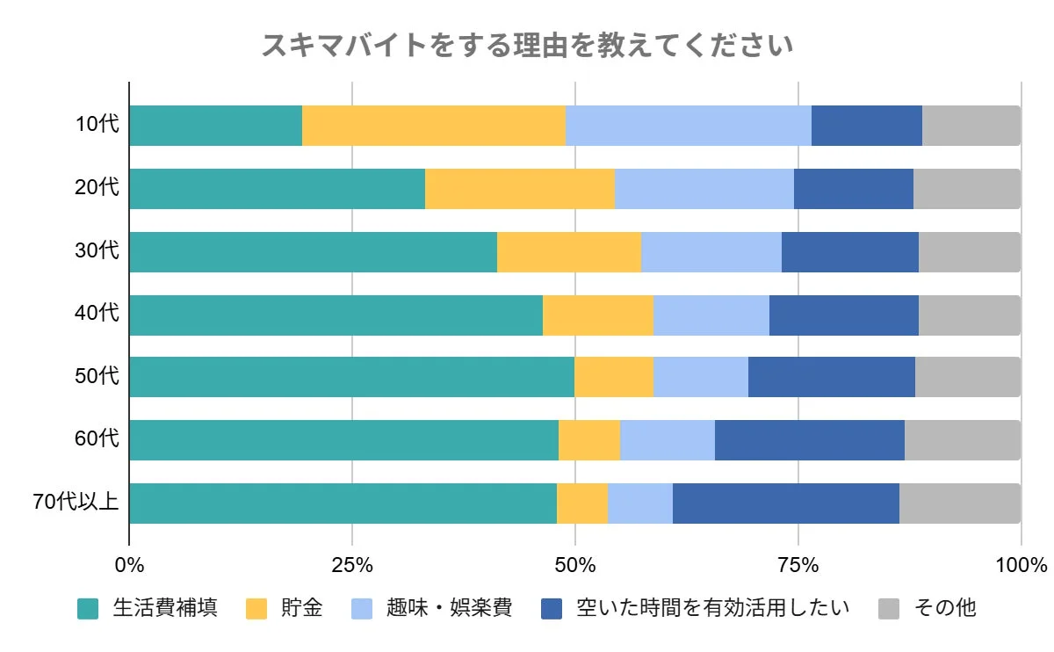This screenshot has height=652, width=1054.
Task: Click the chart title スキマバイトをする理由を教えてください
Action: pyautogui.click(x=527, y=45)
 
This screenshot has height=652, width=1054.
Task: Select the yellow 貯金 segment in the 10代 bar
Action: pyautogui.click(x=434, y=126)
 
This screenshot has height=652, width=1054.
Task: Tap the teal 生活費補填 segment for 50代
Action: pyautogui.click(x=351, y=377)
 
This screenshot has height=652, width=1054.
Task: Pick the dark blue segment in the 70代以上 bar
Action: pyautogui.click(x=785, y=503)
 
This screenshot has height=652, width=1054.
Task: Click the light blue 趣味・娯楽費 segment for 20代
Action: pyautogui.click(x=704, y=189)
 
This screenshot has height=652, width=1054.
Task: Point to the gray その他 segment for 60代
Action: pyautogui.click(x=962, y=440)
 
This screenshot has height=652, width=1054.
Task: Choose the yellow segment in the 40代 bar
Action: pyautogui.click(x=597, y=315)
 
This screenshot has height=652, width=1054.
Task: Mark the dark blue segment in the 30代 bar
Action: pyautogui.click(x=849, y=252)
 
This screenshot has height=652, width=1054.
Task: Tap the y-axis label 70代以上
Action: pyautogui.click(x=76, y=503)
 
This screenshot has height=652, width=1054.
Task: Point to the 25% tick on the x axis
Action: pyautogui.click(x=352, y=564)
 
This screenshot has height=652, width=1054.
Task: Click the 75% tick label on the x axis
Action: pyautogui.click(x=798, y=564)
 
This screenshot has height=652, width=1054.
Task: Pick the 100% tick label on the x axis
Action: pyautogui.click(x=1021, y=564)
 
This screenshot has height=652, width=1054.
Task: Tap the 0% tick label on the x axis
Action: pyautogui.click(x=129, y=564)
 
